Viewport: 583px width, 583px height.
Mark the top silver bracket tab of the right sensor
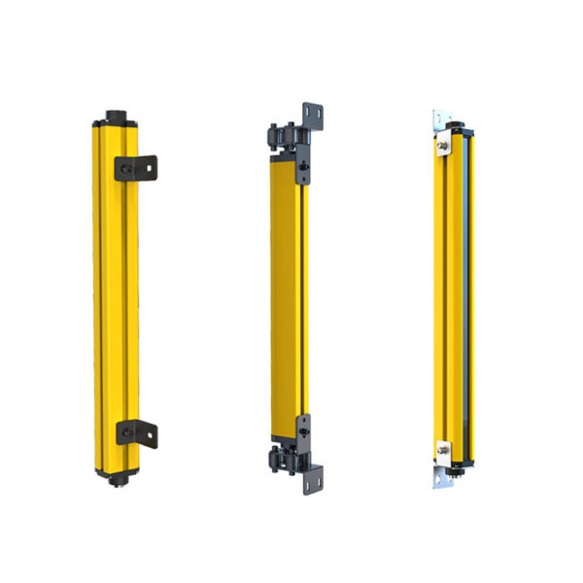point(441,120)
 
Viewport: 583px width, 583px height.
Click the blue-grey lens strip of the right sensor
point(467,291)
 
